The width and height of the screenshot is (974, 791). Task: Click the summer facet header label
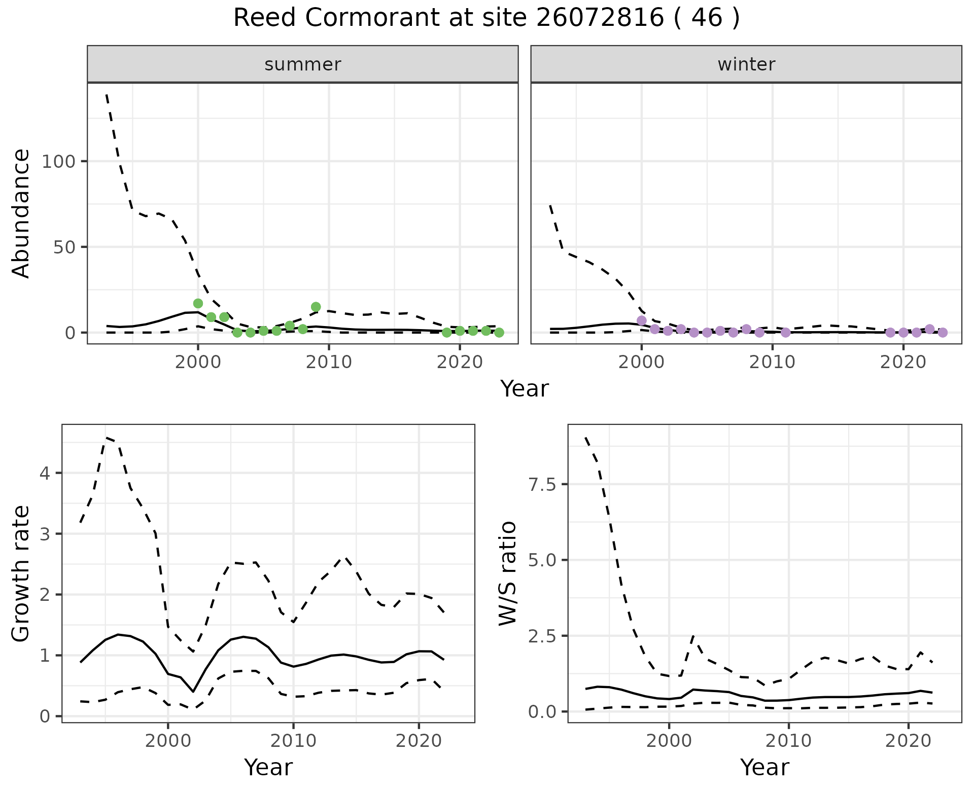(303, 64)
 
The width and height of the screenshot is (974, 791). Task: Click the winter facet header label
(746, 64)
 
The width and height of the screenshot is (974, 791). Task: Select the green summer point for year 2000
(198, 303)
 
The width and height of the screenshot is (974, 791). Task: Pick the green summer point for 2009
(316, 307)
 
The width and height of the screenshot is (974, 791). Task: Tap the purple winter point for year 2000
(641, 320)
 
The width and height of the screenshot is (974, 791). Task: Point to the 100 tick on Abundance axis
(57, 162)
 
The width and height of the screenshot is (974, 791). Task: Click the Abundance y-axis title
(21, 213)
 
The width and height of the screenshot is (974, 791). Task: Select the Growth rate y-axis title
(21, 574)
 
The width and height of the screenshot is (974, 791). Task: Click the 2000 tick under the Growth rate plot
(168, 741)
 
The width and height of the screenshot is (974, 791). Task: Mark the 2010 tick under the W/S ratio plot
(788, 741)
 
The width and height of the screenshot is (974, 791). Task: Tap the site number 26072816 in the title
(600, 19)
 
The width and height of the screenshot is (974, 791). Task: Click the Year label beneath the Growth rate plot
(268, 767)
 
